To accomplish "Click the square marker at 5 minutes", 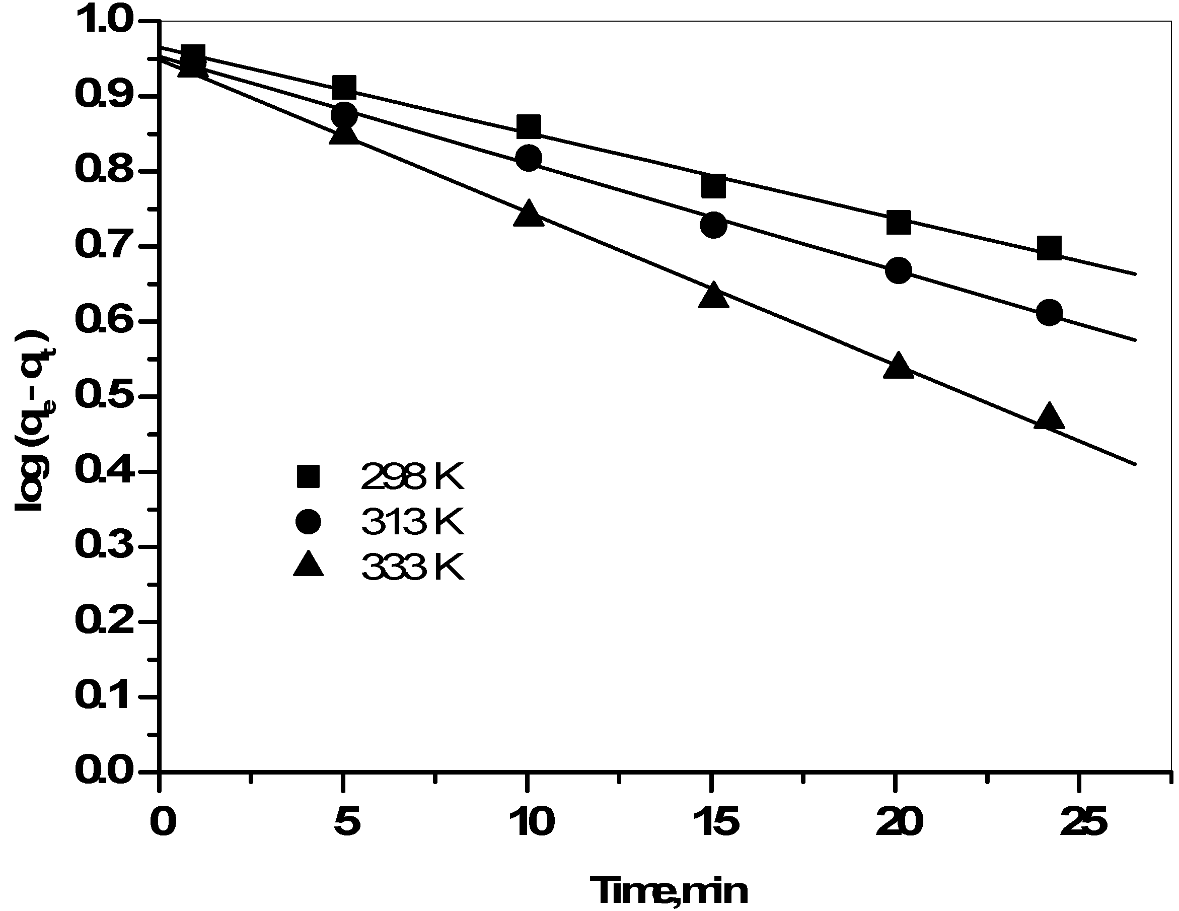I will [x=344, y=87].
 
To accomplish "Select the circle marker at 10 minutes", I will [x=529, y=158].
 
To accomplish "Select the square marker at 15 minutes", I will [x=713, y=186].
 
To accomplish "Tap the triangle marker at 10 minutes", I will [x=529, y=214].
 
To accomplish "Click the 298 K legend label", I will [x=412, y=477].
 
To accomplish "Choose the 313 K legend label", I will [x=412, y=522].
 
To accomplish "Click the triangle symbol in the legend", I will [x=308, y=566].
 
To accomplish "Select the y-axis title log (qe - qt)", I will [x=33, y=421].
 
